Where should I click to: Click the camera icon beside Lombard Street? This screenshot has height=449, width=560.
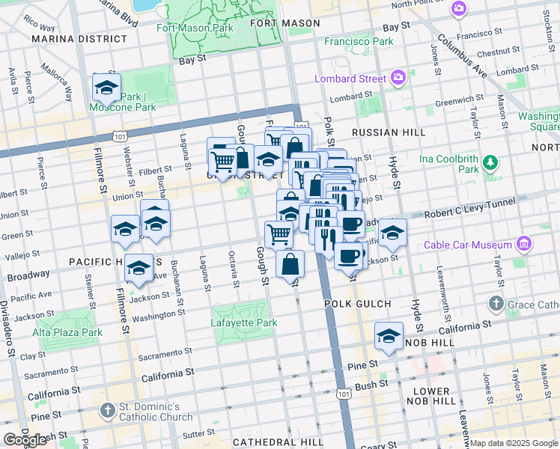tap(398, 78)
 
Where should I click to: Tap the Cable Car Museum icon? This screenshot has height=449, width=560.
tap(524, 244)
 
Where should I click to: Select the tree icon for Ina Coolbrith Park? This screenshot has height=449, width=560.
tap(490, 162)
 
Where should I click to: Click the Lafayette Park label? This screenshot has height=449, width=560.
tap(243, 323)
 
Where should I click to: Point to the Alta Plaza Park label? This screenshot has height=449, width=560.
tap(67, 332)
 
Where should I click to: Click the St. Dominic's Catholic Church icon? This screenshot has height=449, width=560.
tap(107, 410)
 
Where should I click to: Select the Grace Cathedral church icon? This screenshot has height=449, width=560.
tap(496, 304)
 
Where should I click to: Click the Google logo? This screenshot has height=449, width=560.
tap(25, 440)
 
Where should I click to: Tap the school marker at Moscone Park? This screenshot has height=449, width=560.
tap(106, 88)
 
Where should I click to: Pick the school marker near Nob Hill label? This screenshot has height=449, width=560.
tap(389, 335)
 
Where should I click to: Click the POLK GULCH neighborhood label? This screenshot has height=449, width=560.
tap(357, 304)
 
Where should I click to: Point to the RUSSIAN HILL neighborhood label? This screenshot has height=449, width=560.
tap(377, 132)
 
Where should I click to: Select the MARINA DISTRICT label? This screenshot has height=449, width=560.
tap(77, 38)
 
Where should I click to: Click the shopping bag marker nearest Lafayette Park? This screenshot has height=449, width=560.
tap(290, 263)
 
